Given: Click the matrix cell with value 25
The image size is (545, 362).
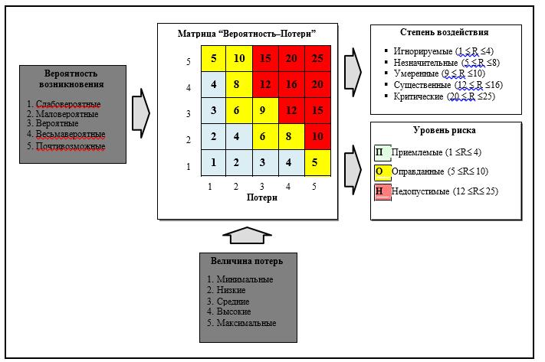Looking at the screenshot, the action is click(x=317, y=58).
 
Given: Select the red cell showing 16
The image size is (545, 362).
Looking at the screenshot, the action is click(x=291, y=84).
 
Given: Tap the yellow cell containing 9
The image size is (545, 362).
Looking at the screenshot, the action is click(x=265, y=110).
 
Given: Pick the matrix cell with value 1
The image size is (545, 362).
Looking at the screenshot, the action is click(x=213, y=163).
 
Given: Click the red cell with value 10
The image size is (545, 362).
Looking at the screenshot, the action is click(x=317, y=136).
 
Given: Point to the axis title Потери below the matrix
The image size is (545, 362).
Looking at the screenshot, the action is click(x=262, y=197).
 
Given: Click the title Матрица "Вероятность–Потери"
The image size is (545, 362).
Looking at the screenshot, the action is click(x=247, y=34).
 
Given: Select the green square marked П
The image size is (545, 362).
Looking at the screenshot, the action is click(x=382, y=153).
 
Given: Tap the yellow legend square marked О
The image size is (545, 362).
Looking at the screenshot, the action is click(x=382, y=172).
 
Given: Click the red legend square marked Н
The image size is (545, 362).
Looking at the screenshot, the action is click(x=382, y=192).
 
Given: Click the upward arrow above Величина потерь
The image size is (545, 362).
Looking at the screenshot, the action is click(x=247, y=235).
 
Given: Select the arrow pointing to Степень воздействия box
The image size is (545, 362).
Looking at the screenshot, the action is click(x=353, y=72).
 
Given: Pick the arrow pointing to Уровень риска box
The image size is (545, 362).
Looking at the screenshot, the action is click(x=353, y=170).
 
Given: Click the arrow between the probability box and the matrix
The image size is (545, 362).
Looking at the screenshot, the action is click(x=141, y=113).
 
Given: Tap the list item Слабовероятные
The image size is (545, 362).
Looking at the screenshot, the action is click(x=68, y=104).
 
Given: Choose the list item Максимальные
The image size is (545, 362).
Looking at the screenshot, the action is click(x=246, y=323).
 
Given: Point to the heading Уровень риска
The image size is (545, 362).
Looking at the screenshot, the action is click(x=445, y=130).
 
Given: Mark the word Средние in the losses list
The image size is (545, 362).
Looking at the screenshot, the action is click(x=233, y=302).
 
